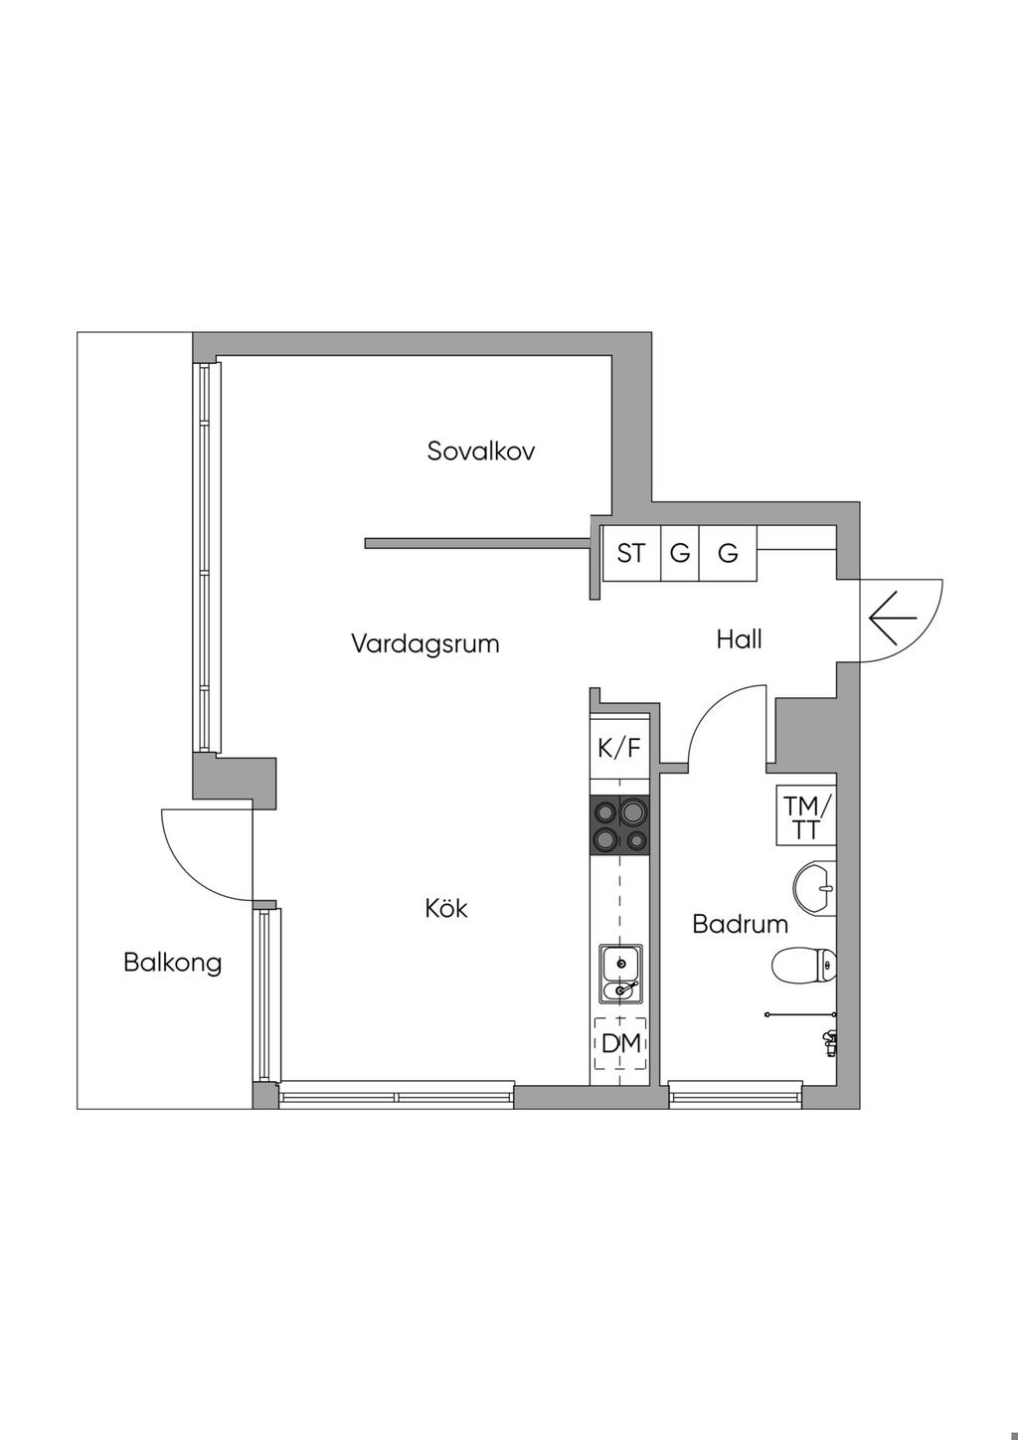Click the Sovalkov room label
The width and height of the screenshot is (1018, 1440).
click(x=481, y=450)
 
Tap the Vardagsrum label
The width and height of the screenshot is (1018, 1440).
click(x=424, y=643)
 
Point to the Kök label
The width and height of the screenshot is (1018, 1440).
click(x=445, y=908)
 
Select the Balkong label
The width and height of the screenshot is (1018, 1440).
click(x=172, y=963)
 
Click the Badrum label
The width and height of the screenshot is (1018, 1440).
click(x=740, y=924)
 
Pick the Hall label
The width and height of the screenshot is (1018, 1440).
click(x=739, y=638)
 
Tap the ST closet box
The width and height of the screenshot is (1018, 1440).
click(x=631, y=553)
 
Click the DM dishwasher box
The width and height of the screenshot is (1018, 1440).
click(x=620, y=1043)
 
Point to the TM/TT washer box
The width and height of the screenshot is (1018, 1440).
click(x=805, y=816)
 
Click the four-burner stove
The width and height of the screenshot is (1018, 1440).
click(x=619, y=825)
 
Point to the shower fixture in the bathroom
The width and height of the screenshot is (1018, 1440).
click(x=827, y=1041)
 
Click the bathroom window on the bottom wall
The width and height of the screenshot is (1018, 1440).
click(x=735, y=1096)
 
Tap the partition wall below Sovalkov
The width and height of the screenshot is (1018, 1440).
click(x=477, y=543)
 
